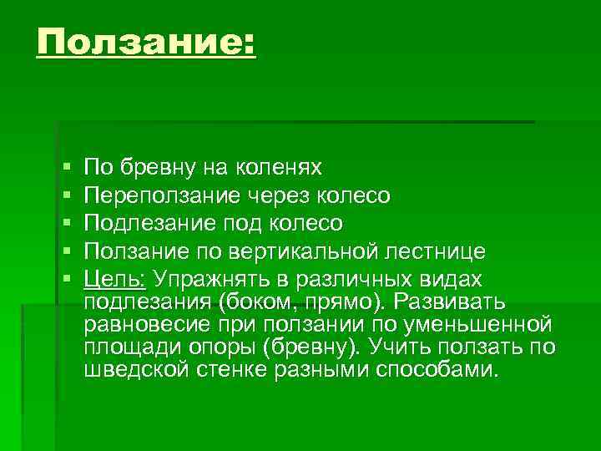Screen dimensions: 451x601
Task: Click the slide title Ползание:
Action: pyautogui.click(x=146, y=43)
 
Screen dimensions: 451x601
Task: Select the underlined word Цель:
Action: pyautogui.click(x=115, y=278)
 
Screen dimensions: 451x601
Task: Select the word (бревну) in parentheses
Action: pyautogui.click(x=355, y=347)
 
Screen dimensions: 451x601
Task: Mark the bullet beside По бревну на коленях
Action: pyautogui.click(x=67, y=169)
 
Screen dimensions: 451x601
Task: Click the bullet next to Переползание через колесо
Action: pyautogui.click(x=67, y=196)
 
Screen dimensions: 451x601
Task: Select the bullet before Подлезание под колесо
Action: pyautogui.click(x=67, y=224)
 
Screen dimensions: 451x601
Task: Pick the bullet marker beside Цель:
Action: pyautogui.click(x=67, y=279)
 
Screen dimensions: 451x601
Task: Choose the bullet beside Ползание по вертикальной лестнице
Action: pyautogui.click(x=67, y=251)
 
